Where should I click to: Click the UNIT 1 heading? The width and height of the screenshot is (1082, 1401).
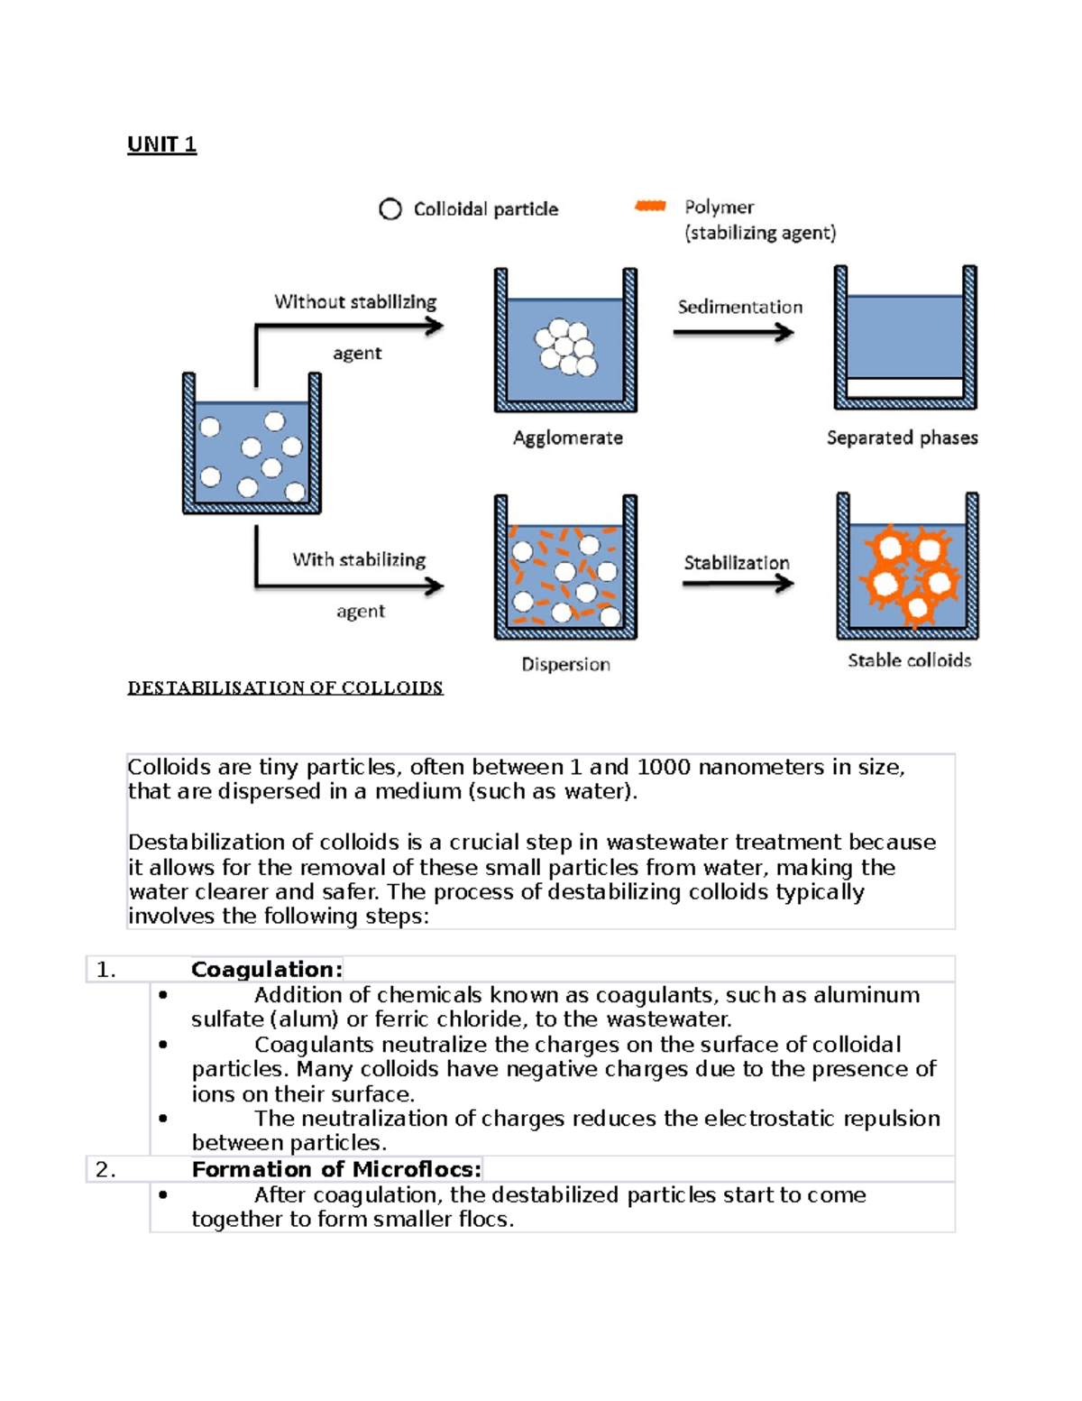tap(161, 144)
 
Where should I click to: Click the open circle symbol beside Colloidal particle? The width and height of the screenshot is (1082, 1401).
tap(390, 209)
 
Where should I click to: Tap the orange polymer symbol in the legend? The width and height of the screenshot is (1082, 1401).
tap(650, 206)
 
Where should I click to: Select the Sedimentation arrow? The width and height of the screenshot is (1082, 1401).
tap(733, 333)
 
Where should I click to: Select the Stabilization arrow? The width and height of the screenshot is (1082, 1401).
tap(738, 584)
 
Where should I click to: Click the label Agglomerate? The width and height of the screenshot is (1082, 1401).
tap(567, 438)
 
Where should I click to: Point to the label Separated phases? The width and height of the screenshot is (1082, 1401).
tap(902, 438)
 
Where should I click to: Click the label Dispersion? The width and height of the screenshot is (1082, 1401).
tap(565, 664)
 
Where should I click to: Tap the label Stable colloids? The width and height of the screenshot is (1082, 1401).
tap(909, 660)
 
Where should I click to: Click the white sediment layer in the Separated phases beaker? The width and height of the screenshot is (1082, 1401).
tap(905, 388)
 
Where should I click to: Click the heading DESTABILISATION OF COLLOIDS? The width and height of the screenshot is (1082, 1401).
tap(285, 688)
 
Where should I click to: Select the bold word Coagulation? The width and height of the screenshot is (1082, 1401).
tap(266, 970)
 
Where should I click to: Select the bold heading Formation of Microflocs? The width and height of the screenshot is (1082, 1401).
tap(336, 1170)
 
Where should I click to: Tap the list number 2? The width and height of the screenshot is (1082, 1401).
tap(105, 1170)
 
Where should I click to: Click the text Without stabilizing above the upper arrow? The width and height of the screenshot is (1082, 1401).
tap(354, 301)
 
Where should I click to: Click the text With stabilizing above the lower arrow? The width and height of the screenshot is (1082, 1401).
tap(358, 559)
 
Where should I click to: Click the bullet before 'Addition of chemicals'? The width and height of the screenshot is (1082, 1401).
tap(163, 995)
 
